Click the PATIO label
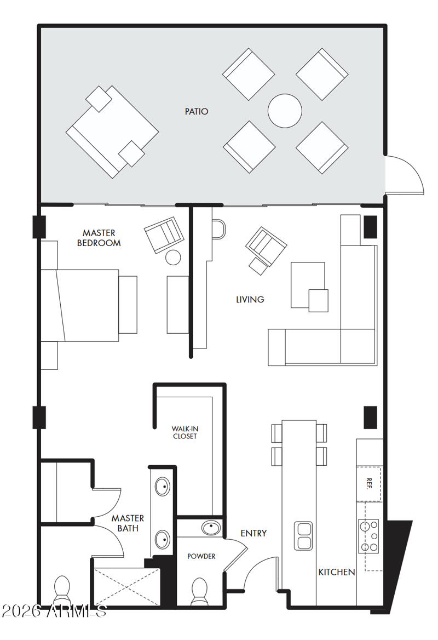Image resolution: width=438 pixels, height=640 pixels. pos(196,111)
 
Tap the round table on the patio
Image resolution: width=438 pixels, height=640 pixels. pos(285,111)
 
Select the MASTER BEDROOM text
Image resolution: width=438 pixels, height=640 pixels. pos(99,238)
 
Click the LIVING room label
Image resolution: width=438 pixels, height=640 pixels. pos(250,300)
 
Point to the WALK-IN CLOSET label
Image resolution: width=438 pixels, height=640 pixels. pos(185,433)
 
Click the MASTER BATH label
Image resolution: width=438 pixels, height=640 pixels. pos(128,523)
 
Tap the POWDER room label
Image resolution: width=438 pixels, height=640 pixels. pos(201,556)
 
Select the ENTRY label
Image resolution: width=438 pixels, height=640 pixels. pos(253,534)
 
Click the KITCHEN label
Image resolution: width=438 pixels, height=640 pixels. pos(337,572)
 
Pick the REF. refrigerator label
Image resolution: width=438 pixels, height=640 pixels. pos(369,483)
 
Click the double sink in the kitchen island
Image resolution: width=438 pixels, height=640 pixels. pos(303,536)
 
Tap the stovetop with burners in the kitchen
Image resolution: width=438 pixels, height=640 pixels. pos(368,536)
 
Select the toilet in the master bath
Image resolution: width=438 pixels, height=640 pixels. pos(62,590)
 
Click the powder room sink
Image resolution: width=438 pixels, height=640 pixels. pos(211,528)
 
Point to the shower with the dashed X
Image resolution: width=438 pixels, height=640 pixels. pos(127,586)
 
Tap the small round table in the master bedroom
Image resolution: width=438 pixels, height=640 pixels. pos(173,258)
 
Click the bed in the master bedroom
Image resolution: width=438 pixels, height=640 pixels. pos(80,305)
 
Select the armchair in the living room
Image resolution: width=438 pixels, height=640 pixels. pos(266,246)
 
